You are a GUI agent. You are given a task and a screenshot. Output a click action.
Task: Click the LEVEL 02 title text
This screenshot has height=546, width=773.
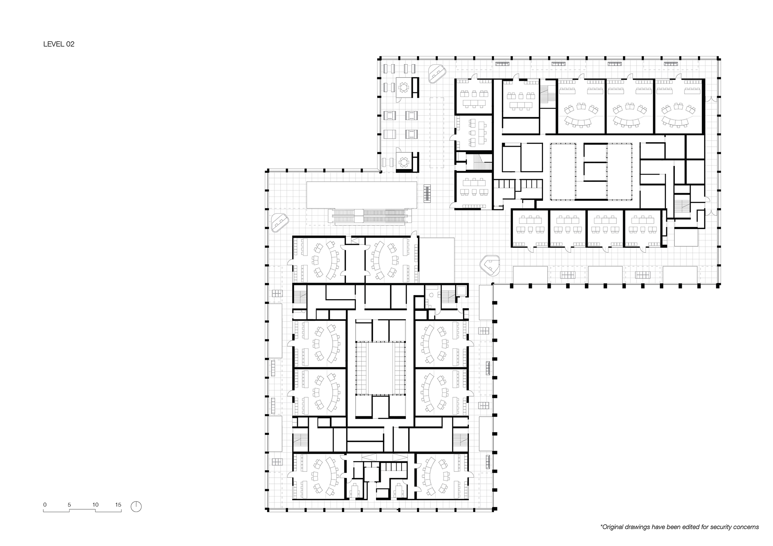point(58,44)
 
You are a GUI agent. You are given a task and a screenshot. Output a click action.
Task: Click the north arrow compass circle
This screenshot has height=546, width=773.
point(136,506)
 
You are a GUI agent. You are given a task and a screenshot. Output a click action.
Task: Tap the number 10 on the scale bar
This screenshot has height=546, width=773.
point(95,505)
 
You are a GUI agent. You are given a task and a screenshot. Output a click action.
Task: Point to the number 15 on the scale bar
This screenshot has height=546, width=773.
point(118,505)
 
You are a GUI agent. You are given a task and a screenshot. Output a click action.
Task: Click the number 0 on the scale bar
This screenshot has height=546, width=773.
point(45,505)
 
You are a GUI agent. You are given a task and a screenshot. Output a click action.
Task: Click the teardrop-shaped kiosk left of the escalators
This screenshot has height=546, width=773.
point(280,222)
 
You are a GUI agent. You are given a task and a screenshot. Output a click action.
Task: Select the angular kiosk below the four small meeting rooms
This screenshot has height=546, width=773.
point(490,266)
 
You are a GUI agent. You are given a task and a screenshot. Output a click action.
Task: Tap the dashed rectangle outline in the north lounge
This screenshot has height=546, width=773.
point(437,132)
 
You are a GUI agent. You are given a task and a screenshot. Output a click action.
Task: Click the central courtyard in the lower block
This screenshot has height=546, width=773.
point(380,368)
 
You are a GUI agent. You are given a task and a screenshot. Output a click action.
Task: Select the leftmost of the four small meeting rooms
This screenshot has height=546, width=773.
point(530,228)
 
